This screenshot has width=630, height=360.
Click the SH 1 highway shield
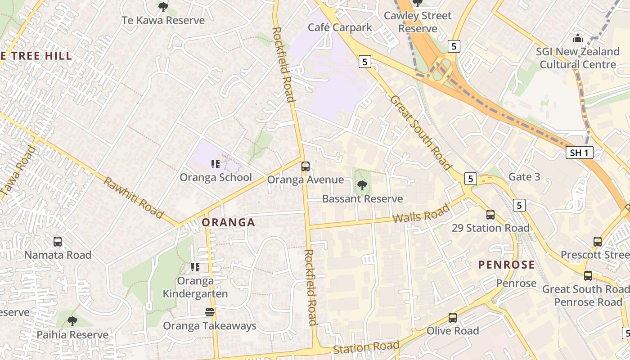click(579, 153)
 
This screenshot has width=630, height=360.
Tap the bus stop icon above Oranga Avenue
click(305, 166)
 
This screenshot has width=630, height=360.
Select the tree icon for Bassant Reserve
click(362, 185)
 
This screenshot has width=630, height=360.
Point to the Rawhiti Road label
click(134, 198)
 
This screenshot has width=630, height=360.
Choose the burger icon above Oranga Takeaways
click(209, 312)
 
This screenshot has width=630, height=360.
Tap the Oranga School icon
click(215, 164)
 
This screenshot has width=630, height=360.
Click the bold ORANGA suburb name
click(228, 222)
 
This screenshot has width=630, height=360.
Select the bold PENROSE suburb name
click(506, 265)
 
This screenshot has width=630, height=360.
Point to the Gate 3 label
click(524, 177)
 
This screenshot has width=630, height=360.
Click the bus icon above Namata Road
click(58, 241)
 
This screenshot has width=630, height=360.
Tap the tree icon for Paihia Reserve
click(72, 321)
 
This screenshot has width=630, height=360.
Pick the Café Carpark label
click(340, 27)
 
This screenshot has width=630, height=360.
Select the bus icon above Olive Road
click(452, 317)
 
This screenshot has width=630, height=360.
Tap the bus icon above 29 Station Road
click(490, 214)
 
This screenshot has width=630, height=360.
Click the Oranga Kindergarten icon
click(195, 267)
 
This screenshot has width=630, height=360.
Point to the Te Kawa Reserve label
click(163, 20)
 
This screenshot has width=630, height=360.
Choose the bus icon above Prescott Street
click(597, 241)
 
